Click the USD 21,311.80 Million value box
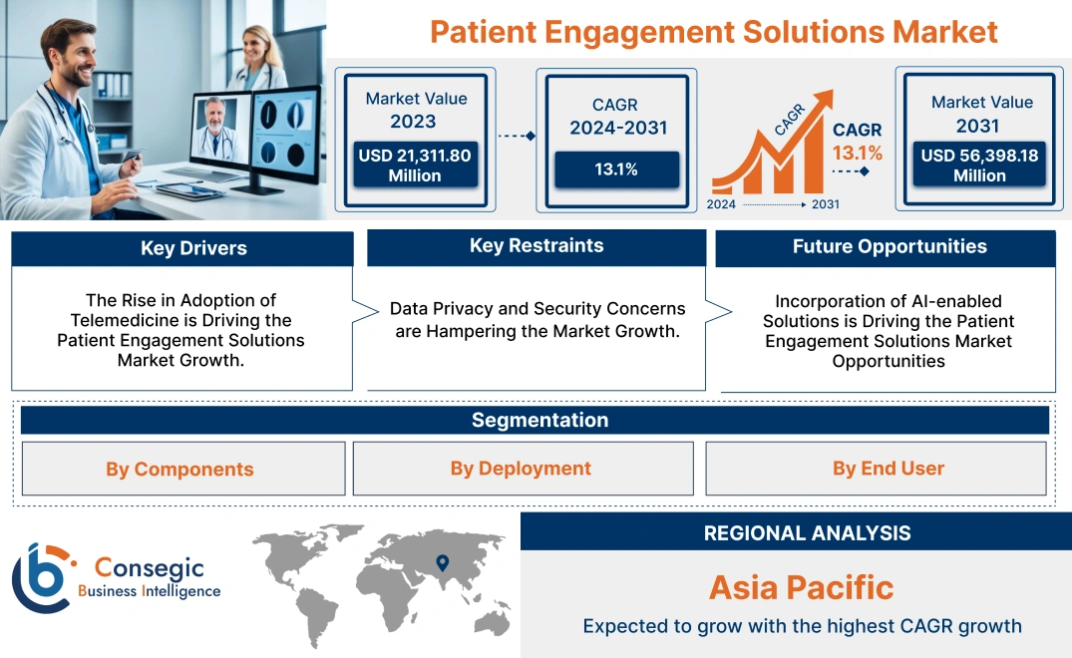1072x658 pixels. [414, 165]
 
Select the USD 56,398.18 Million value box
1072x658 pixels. [979, 165]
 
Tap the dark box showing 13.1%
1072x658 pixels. [616, 169]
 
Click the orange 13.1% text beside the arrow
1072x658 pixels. [858, 153]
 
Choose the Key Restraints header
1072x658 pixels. [536, 246]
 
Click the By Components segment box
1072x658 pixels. [180, 469]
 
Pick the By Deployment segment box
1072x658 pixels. [521, 469]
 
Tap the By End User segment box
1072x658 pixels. [889, 469]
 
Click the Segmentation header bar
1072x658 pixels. [539, 420]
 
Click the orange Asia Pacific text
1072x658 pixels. [801, 586]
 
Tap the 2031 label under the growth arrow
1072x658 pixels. [825, 204]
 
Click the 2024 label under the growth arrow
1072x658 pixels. [722, 204]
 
